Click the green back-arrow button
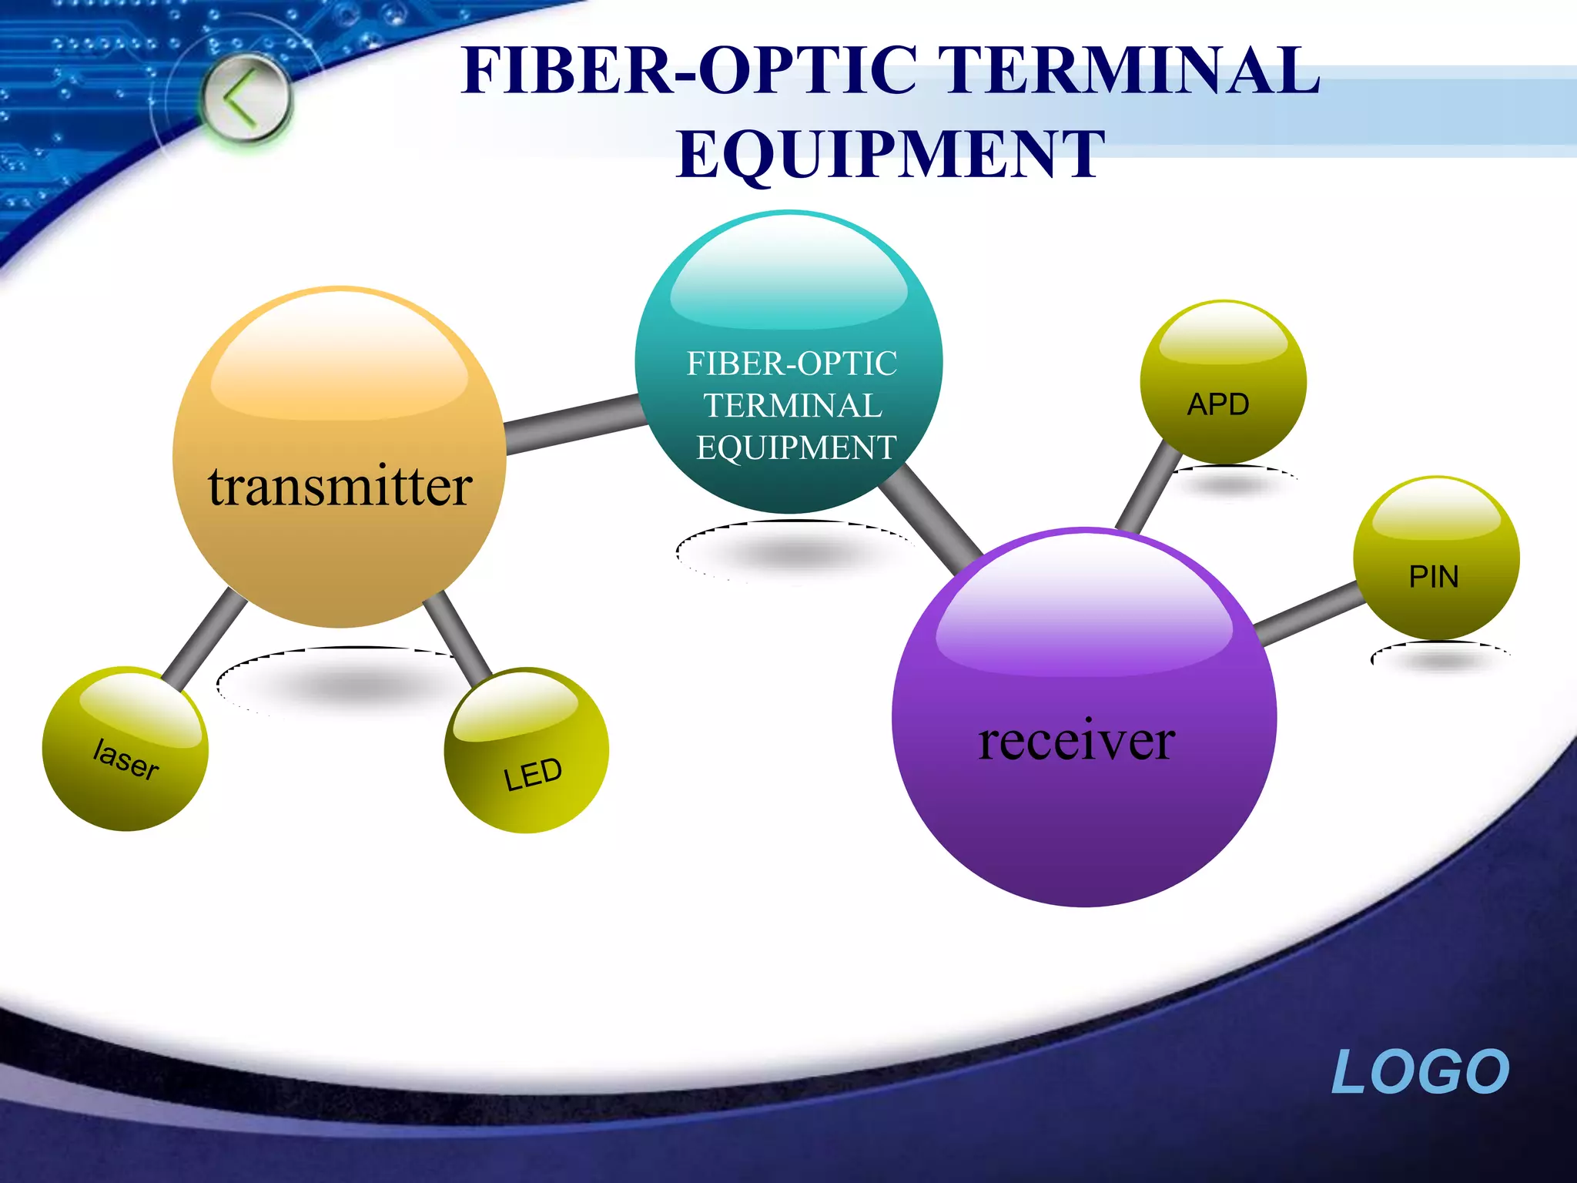pyautogui.click(x=246, y=99)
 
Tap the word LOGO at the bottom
pyautogui.click(x=1420, y=1071)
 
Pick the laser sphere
pyautogui.click(x=125, y=749)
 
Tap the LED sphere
pyautogui.click(x=527, y=751)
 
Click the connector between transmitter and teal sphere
pyautogui.click(x=571, y=424)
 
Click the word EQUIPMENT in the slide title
pyautogui.click(x=890, y=154)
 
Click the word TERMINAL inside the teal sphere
pyautogui.click(x=792, y=406)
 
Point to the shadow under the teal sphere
pyautogui.click(x=793, y=551)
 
